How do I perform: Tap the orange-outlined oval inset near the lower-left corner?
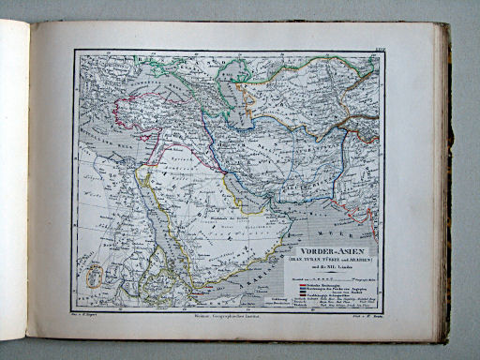tap(93, 275)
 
